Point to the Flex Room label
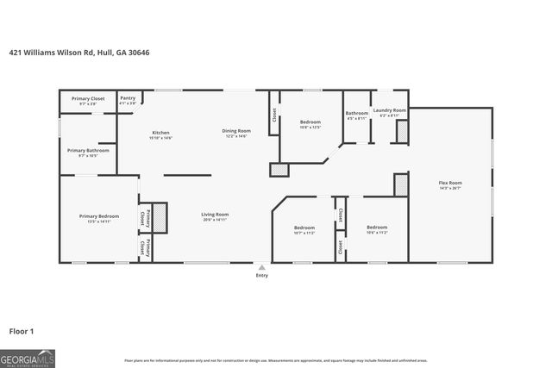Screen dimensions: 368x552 450,183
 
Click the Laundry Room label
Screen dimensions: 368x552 389,111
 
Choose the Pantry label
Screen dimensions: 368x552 128,98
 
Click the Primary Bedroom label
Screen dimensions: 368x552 98,215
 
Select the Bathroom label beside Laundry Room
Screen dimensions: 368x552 357,113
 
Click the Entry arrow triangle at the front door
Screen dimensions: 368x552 262,267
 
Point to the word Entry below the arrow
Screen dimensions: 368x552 262,276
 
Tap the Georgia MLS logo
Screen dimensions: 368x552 28,358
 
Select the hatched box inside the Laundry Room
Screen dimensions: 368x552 401,131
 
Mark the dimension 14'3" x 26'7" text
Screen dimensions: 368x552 450,188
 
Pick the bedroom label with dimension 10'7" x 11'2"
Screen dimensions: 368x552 304,228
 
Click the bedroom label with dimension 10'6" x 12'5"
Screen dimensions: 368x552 310,122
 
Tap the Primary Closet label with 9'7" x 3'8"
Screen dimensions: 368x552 88,99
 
